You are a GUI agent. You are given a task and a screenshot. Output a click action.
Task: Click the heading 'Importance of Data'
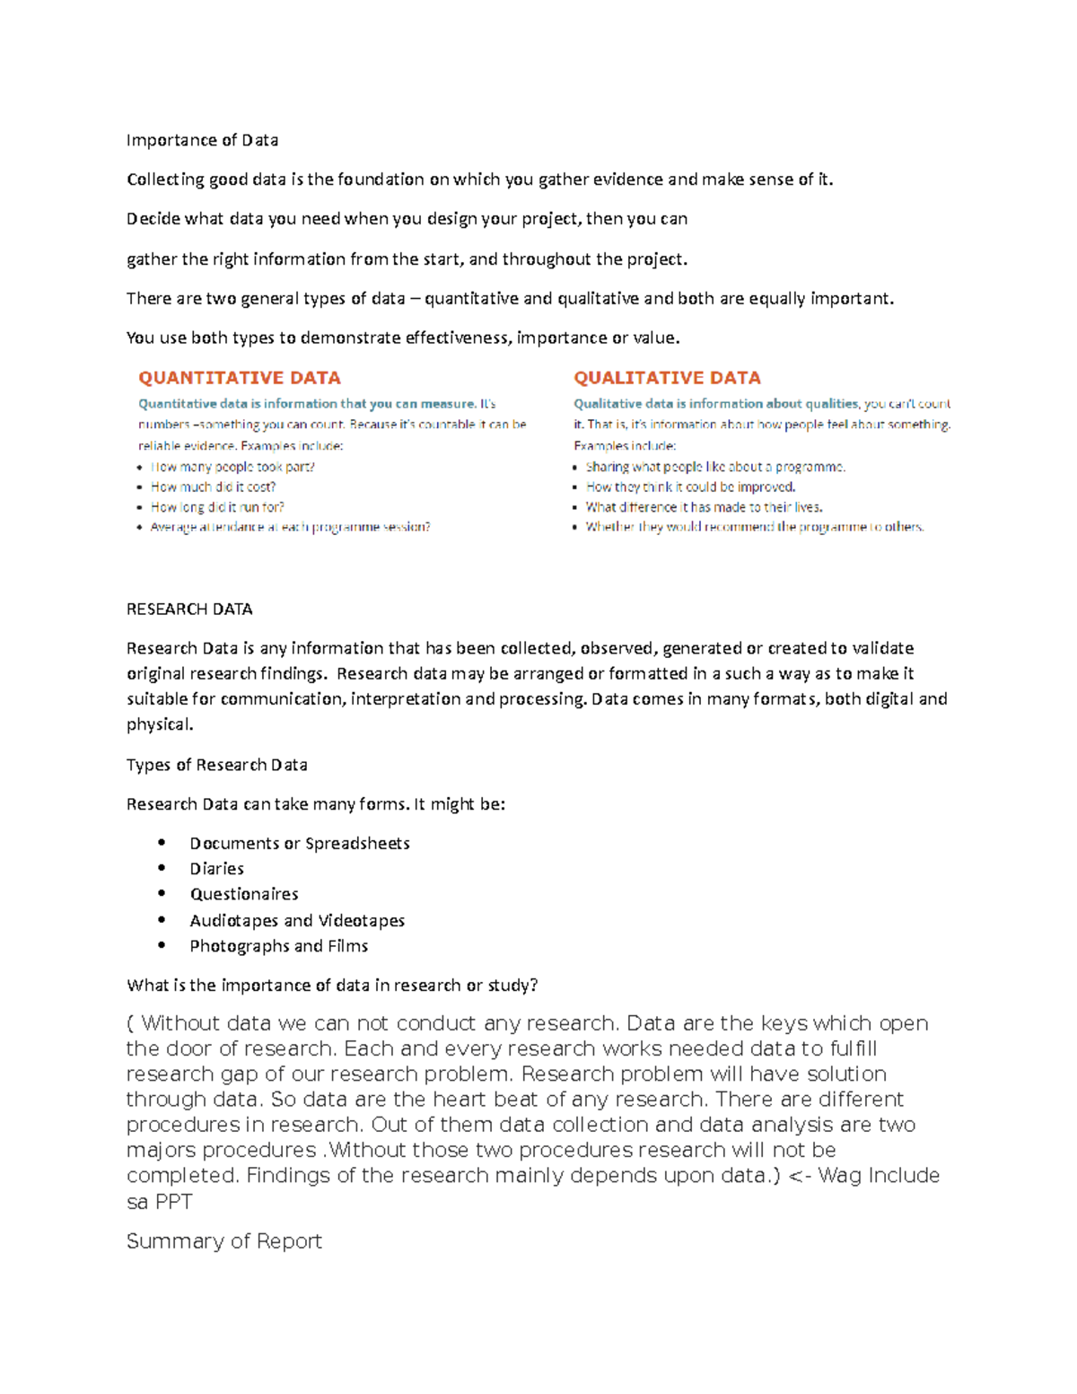click(202, 140)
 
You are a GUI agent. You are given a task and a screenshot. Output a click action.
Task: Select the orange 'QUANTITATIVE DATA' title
click(239, 378)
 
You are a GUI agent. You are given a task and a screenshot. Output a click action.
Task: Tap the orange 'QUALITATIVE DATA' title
click(667, 378)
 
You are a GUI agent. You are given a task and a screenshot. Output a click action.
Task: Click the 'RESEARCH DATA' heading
click(189, 609)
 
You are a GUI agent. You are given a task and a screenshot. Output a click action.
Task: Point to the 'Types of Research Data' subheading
click(216, 765)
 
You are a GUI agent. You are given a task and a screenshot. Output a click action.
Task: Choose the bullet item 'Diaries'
click(216, 869)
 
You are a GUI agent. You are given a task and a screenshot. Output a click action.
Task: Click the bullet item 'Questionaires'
click(243, 894)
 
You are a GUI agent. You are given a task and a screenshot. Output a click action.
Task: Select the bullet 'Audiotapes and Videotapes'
click(297, 920)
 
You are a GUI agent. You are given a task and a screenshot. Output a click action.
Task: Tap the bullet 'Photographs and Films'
click(278, 946)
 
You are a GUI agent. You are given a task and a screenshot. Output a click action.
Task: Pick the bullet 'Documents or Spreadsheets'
click(299, 844)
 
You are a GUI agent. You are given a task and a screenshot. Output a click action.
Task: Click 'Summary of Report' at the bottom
click(223, 1241)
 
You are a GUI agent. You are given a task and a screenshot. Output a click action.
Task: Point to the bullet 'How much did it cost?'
click(213, 487)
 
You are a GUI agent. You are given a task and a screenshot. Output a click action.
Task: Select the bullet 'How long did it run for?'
click(217, 507)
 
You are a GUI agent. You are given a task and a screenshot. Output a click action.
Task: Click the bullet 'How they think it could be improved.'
click(690, 487)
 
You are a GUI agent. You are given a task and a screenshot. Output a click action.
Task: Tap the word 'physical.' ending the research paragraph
click(160, 724)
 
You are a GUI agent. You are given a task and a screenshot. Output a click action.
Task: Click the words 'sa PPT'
click(159, 1202)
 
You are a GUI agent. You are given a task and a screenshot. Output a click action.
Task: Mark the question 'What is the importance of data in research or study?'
click(332, 986)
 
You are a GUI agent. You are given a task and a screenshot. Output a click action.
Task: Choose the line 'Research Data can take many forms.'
click(267, 804)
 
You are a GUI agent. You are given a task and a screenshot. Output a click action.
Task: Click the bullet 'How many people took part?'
click(232, 467)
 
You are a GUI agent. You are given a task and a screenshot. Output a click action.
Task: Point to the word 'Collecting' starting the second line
click(165, 180)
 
